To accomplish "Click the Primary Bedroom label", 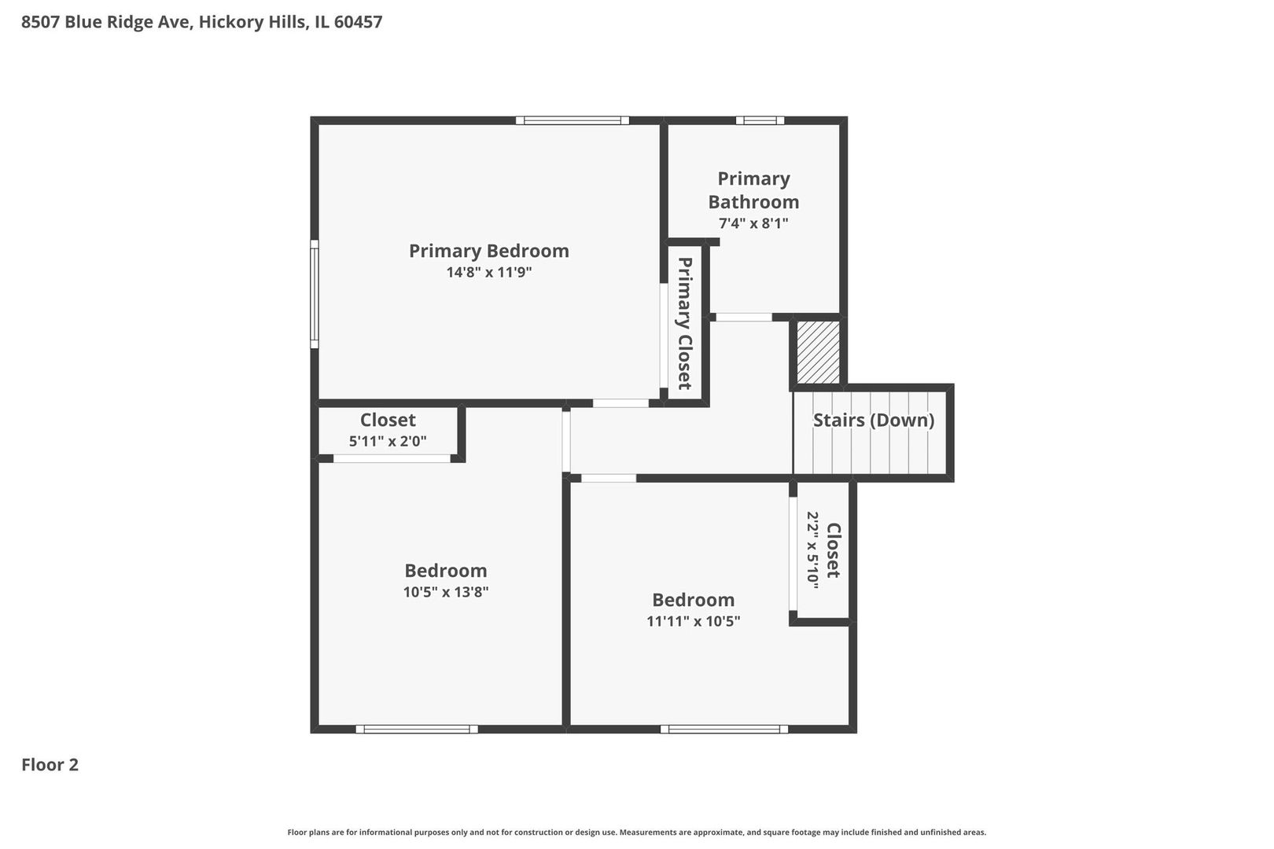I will coord(488,251).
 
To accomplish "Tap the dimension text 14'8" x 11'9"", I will coord(488,273).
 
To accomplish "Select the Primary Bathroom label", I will coord(753,190).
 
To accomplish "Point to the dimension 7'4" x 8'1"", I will coord(753,223).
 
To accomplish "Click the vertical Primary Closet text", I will coord(684,323).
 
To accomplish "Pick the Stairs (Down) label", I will coord(873,420).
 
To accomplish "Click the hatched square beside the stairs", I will coord(818,351).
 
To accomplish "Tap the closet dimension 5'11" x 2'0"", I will coord(388,442).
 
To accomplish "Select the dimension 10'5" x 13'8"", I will coord(446,592).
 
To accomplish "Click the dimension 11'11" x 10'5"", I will coord(693,621).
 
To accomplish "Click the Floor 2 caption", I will coord(50,765).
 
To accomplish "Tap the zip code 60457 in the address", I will coord(358,22).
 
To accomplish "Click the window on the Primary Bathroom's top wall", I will coord(760,120).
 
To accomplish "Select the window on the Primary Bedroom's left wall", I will coord(314,294).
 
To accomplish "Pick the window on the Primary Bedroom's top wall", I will coord(573,120).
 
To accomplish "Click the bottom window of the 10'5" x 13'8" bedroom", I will coord(417,729).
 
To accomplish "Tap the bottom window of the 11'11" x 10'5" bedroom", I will coord(724,729).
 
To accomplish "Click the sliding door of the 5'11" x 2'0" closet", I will coord(392,458).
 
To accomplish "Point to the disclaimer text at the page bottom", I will coord(636,832).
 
